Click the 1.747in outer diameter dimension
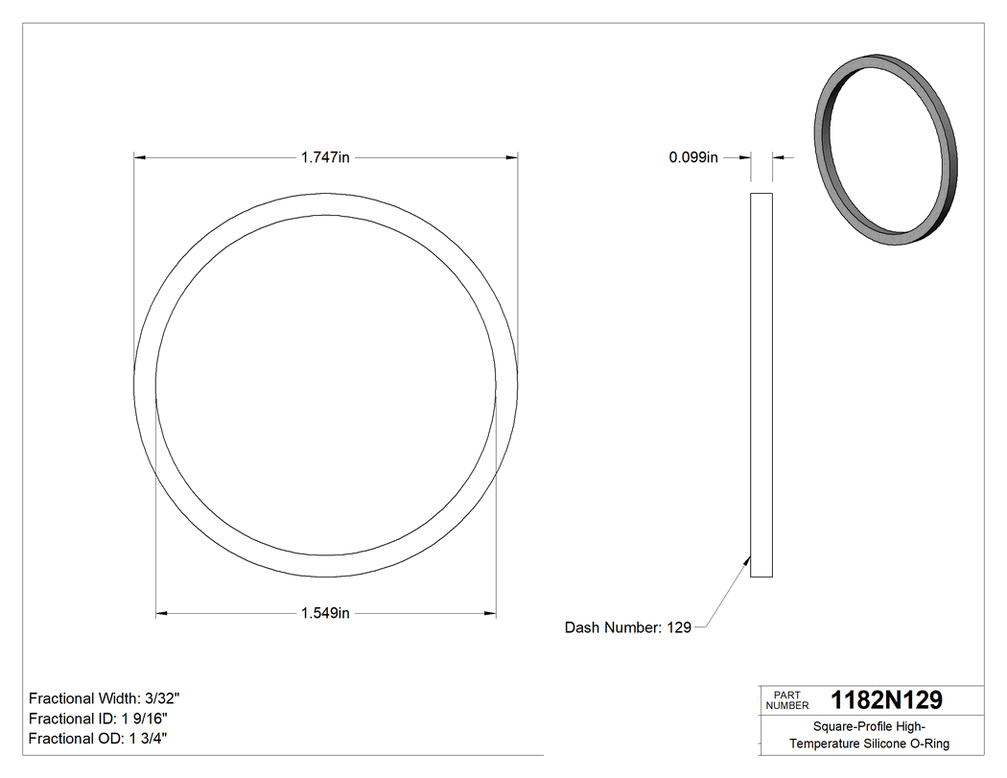click(325, 157)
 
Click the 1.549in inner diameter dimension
click(325, 613)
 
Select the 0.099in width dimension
click(692, 157)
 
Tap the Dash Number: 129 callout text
click(628, 627)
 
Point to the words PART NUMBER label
click(786, 699)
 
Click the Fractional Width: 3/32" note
click(105, 698)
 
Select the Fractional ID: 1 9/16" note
click(100, 719)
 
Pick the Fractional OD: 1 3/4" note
click(99, 738)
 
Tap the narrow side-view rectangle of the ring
click(761, 385)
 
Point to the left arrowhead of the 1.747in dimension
click(140, 157)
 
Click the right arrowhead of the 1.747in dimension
click(512, 157)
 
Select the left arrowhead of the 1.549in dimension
click(162, 613)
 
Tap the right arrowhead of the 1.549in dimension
click(490, 613)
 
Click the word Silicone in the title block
click(889, 743)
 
